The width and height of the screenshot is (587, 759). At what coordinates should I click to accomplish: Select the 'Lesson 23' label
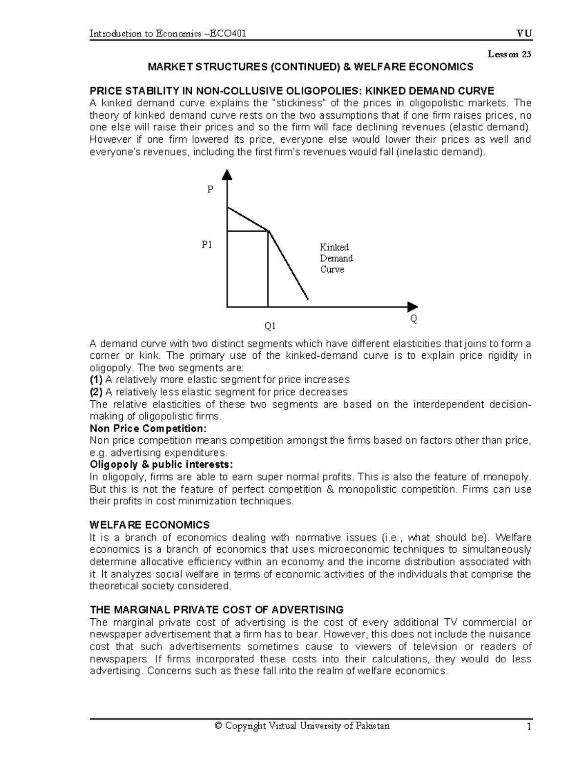click(x=509, y=54)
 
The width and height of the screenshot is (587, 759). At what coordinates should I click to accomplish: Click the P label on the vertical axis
click(x=210, y=189)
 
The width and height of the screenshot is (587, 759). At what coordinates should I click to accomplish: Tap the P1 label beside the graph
click(x=207, y=244)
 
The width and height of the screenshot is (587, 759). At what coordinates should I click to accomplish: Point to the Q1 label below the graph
click(x=270, y=325)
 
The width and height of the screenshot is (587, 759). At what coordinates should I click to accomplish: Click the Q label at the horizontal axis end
click(x=413, y=319)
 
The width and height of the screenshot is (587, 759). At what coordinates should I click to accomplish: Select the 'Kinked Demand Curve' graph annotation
click(x=336, y=258)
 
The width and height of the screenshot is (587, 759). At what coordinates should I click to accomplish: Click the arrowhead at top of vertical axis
click(x=226, y=174)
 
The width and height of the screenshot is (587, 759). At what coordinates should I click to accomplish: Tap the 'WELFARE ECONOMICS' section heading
click(x=150, y=525)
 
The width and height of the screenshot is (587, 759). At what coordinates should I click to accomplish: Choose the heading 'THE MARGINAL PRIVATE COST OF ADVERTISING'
click(x=217, y=609)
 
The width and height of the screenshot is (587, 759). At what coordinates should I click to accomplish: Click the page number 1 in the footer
click(x=528, y=727)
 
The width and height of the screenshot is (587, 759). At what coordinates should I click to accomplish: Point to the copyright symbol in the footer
click(x=218, y=726)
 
